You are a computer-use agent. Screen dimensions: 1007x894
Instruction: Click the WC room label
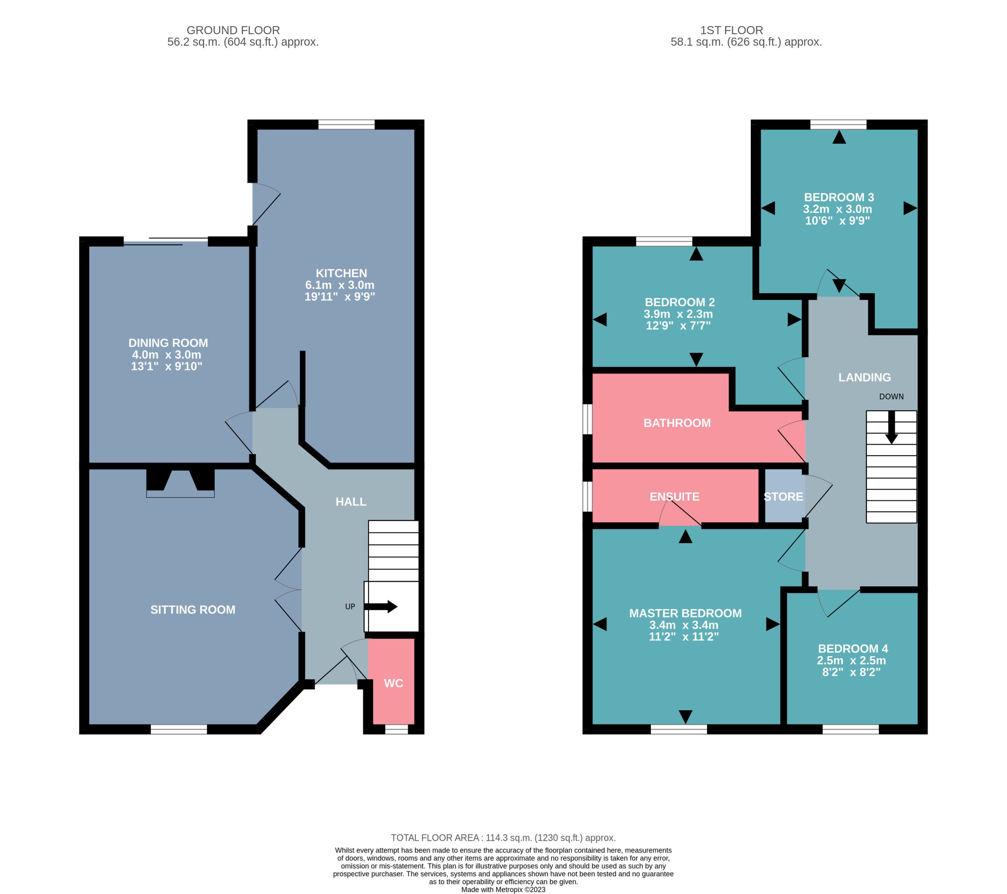tap(393, 683)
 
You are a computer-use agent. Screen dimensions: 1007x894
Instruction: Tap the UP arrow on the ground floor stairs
tap(380, 606)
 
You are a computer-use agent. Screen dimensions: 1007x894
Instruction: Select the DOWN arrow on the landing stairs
tap(891, 427)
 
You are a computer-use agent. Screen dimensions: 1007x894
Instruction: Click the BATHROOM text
tap(677, 423)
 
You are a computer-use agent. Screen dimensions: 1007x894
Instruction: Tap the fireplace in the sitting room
tap(180, 483)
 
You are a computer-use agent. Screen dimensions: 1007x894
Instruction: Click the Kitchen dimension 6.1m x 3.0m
tap(340, 285)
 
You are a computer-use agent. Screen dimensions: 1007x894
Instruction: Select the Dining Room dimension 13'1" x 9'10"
tap(166, 366)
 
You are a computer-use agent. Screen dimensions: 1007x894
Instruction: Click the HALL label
tap(351, 502)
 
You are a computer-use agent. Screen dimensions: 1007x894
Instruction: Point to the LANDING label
tap(865, 377)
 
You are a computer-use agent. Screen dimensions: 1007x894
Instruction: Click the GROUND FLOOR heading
tap(233, 30)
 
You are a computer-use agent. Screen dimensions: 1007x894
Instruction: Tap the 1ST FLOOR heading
tap(732, 30)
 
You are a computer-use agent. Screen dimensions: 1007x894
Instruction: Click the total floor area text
tap(503, 837)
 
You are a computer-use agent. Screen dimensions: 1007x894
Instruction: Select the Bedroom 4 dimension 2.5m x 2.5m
tap(851, 660)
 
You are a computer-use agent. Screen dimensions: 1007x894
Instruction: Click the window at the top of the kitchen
tap(346, 124)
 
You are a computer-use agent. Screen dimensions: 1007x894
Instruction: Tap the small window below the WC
tap(397, 730)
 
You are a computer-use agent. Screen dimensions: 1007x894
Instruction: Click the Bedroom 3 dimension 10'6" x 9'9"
tap(837, 220)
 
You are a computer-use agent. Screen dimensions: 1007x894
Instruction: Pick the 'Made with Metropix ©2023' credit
tap(503, 890)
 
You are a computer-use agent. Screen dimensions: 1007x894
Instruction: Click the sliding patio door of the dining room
tap(166, 241)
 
